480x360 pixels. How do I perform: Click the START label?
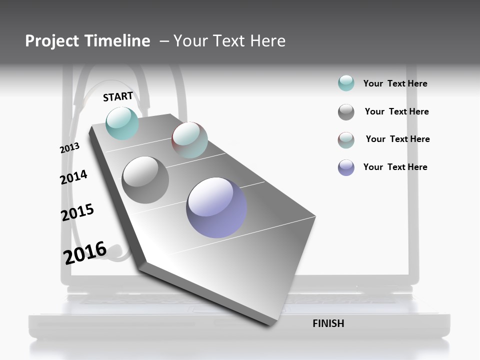[118, 96]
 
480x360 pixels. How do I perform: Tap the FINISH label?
[328, 323]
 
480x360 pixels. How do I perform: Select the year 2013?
[69, 148]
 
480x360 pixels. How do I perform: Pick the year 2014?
[73, 177]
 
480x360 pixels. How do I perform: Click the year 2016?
[85, 252]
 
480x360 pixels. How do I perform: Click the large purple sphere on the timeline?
[216, 207]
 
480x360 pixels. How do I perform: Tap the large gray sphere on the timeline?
[145, 179]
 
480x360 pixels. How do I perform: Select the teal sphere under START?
[122, 123]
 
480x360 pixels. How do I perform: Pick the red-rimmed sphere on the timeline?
[189, 140]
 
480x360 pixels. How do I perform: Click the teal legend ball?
[346, 83]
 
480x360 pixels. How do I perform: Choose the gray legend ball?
[346, 112]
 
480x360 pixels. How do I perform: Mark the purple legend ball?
[346, 167]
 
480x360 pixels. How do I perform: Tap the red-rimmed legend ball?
[346, 140]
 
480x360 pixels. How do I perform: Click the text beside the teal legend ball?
[395, 83]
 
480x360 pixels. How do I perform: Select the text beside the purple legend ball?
[395, 167]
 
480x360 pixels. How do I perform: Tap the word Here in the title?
[268, 41]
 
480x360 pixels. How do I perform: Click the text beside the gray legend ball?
[396, 111]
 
